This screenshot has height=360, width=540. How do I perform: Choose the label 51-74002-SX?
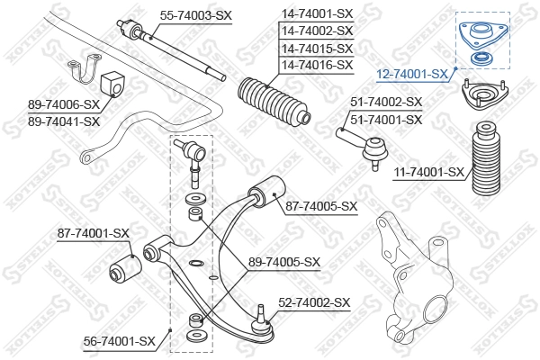(385, 102)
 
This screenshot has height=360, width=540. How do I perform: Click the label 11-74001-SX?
(428, 171)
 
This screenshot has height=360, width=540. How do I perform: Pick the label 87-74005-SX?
(321, 206)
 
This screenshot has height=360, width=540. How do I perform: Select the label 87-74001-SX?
(94, 232)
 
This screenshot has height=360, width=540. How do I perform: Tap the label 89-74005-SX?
(284, 262)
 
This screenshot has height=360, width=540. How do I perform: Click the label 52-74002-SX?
(313, 303)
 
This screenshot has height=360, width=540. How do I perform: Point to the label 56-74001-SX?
(120, 339)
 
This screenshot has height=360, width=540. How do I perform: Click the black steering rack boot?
(274, 104)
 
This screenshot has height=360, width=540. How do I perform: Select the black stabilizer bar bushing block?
(113, 77)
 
